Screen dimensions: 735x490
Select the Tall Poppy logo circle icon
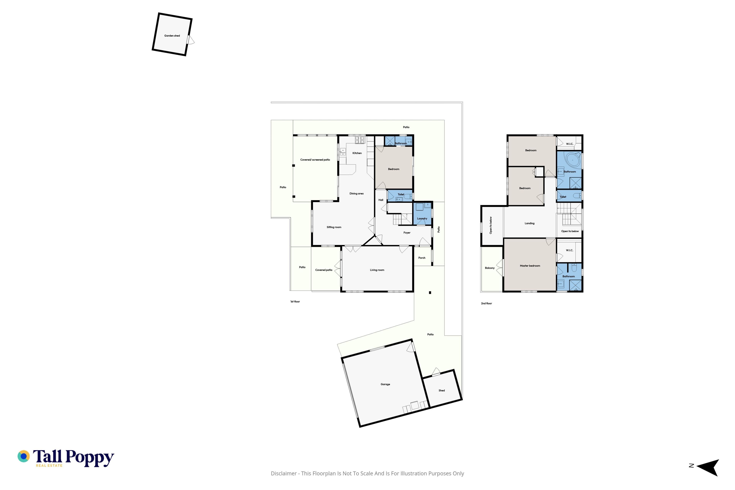pyautogui.click(x=23, y=456)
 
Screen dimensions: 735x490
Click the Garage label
pyautogui.click(x=385, y=384)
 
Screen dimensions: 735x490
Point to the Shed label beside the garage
pyautogui.click(x=442, y=390)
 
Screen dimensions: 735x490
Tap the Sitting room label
pyautogui.click(x=334, y=227)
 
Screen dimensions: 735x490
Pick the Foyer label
pyautogui.click(x=407, y=233)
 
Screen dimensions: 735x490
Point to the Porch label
pyautogui.click(x=422, y=258)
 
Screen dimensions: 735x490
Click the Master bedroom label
pyautogui.click(x=530, y=266)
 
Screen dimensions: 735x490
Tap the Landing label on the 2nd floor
pyautogui.click(x=529, y=223)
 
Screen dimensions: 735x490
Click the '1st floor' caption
pyautogui.click(x=295, y=302)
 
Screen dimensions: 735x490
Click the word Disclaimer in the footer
pyautogui.click(x=284, y=473)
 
